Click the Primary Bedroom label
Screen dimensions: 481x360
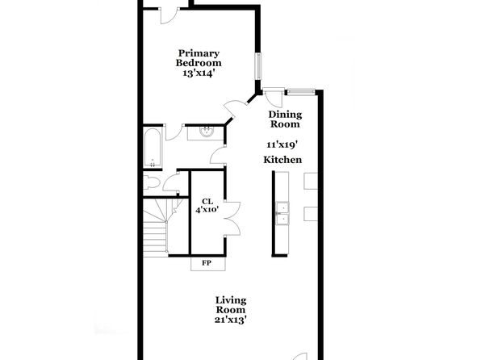point(199,58)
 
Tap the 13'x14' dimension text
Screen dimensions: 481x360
point(198,73)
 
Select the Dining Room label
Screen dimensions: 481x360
point(285,119)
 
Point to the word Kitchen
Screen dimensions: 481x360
point(282,160)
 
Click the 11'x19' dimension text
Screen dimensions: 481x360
point(282,144)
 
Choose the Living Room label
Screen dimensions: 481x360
point(231,305)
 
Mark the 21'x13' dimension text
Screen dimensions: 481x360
point(231,320)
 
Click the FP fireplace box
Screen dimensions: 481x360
point(208,264)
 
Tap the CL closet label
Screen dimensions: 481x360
point(207,201)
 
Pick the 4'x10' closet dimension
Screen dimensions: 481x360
point(207,210)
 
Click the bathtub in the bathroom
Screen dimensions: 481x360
point(153,148)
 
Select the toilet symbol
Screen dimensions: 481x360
point(152,182)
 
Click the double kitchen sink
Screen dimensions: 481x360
point(282,213)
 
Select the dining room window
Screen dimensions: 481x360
point(300,92)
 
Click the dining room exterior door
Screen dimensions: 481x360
point(274,97)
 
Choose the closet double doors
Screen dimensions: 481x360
point(232,219)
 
